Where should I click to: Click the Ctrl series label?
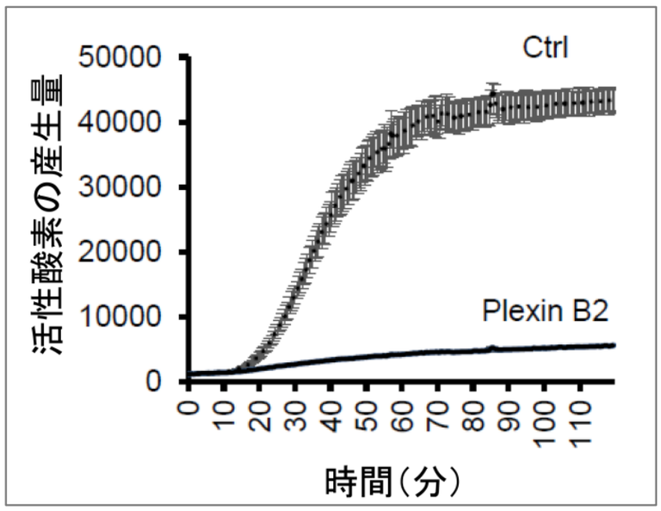(547, 45)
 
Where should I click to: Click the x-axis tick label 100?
(546, 422)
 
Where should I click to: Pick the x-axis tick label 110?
(581, 422)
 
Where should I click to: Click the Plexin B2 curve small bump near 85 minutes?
(492, 348)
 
